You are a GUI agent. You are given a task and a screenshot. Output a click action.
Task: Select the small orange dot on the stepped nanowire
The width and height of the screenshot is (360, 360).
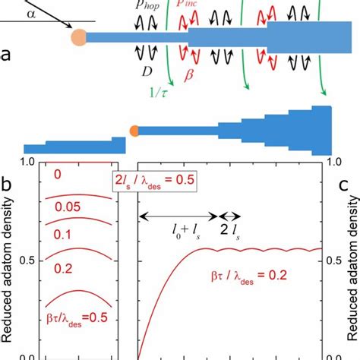[134, 131]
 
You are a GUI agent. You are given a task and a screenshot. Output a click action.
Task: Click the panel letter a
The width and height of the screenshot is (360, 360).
[6, 55]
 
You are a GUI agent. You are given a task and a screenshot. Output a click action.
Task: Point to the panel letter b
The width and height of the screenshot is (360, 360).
[6, 185]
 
